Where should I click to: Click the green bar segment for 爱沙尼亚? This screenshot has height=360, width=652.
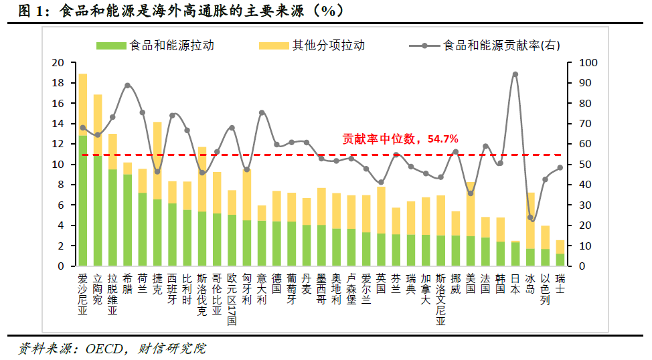[x=83, y=201]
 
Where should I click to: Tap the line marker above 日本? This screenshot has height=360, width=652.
[x=515, y=74]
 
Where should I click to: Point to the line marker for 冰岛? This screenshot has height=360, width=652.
[x=530, y=217]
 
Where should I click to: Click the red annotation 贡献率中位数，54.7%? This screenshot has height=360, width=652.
[x=400, y=139]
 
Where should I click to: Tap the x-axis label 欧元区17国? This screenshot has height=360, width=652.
[x=232, y=298]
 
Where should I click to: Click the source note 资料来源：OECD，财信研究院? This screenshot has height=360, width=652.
[x=112, y=349]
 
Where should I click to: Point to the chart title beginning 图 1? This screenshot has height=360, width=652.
[x=181, y=11]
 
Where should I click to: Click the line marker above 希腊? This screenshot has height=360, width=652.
[x=127, y=86]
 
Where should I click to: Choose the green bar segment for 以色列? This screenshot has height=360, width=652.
[x=545, y=258]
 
